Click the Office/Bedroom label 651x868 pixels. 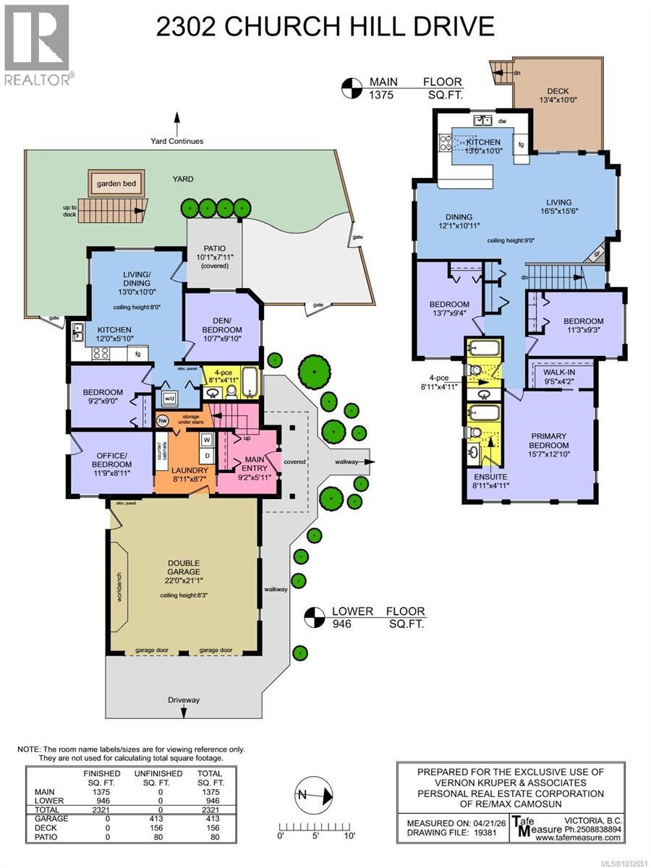coord(111,459)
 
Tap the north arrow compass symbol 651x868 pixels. coord(314,795)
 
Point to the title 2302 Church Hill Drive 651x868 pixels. coord(325,27)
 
